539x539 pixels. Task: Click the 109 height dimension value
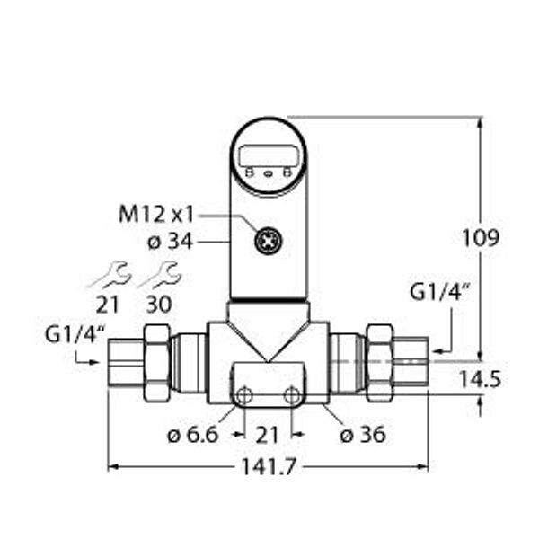[x=481, y=238]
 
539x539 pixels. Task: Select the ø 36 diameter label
[x=364, y=435]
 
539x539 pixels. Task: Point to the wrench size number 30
[x=158, y=304]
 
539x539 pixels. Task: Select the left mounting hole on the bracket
[x=242, y=395]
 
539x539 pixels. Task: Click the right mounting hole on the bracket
[x=291, y=395]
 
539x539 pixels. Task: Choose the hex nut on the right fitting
[x=378, y=361]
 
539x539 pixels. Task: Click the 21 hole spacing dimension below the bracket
[x=266, y=435]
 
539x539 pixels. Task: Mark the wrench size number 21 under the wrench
[x=109, y=304]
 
